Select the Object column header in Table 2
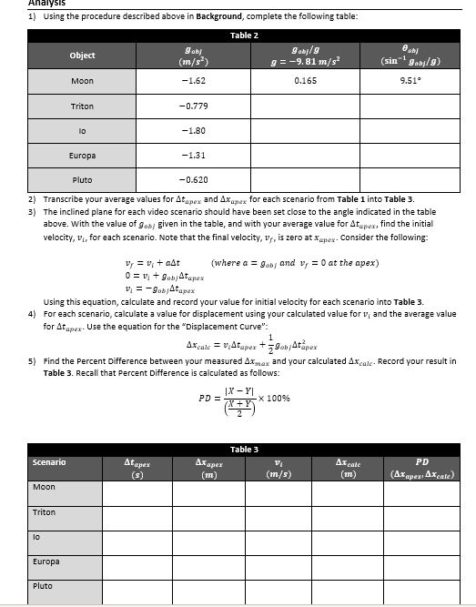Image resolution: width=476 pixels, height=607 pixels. (x=82, y=55)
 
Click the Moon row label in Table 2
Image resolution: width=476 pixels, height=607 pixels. (x=82, y=81)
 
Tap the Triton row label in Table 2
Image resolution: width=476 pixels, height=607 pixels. (x=82, y=106)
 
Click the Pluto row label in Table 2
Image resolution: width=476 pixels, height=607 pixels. (x=82, y=179)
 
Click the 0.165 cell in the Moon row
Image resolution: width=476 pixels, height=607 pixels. (x=306, y=81)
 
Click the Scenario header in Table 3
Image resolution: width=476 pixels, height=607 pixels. (x=49, y=462)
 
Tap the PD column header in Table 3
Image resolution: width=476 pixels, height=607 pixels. (x=427, y=467)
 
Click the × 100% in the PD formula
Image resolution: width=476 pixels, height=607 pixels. (x=274, y=398)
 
